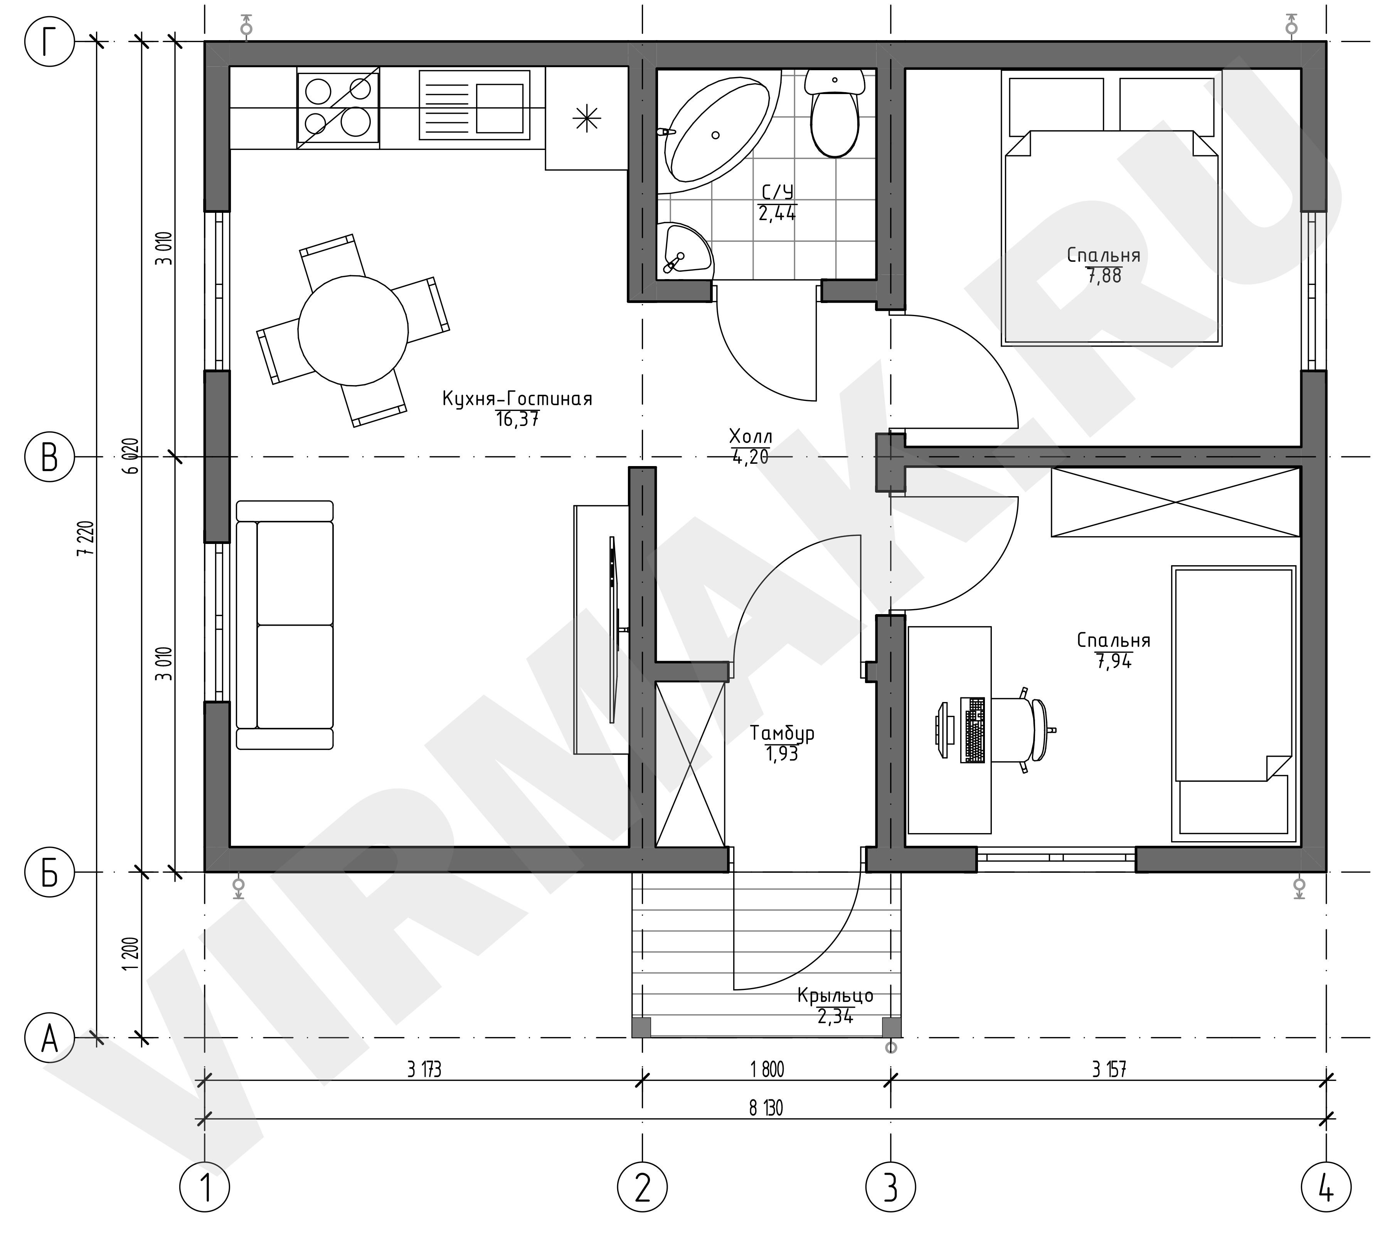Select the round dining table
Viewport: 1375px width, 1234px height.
pos(353,330)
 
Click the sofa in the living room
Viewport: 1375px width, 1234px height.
pos(285,625)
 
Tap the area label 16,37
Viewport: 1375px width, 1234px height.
pos(517,420)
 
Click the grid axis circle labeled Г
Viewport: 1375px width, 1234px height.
pos(49,42)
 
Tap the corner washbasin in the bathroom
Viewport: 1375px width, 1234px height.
pos(685,249)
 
